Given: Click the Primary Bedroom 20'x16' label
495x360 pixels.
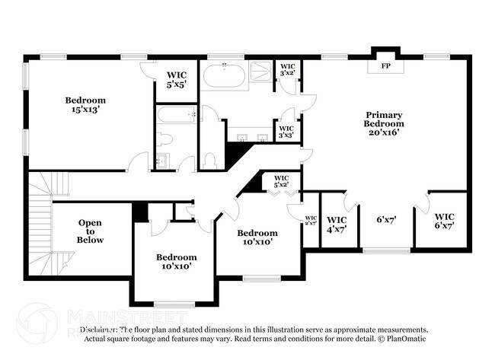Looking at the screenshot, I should pos(383,123).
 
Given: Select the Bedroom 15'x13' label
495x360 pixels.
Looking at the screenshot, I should pos(85,104).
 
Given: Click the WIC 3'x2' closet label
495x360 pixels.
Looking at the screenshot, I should pos(287,70).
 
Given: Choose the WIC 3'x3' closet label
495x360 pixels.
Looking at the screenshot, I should pos(286,132).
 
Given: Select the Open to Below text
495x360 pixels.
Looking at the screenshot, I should pos(90,231).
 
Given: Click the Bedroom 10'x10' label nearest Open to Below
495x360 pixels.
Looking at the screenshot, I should pos(177,262).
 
